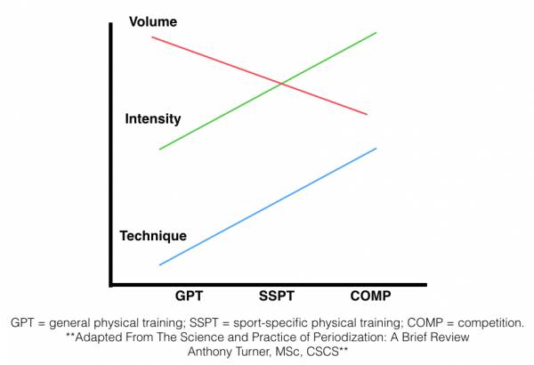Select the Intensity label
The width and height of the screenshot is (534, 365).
(153, 118)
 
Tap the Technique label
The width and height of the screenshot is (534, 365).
(153, 236)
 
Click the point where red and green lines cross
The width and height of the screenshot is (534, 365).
(281, 84)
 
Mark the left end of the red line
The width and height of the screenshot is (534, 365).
(152, 37)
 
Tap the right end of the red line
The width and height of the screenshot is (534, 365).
(367, 114)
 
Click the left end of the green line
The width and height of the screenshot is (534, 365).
(159, 149)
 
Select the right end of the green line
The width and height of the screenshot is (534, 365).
(376, 32)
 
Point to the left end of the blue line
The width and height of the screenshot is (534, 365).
(159, 264)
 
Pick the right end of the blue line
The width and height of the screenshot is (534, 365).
(376, 148)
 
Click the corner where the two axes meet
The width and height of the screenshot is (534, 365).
(110, 285)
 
